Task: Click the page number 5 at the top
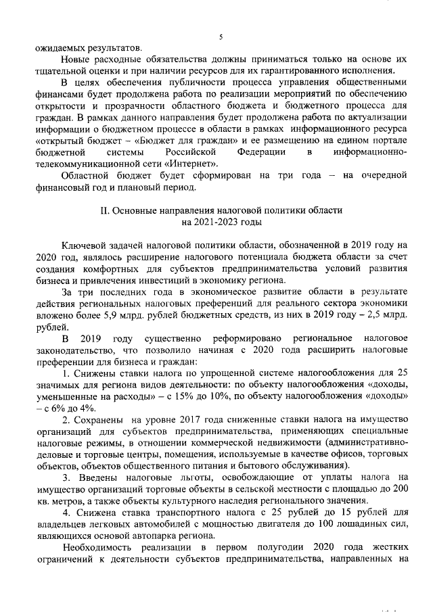[x=221, y=38]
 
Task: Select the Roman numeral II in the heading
[x=105, y=211]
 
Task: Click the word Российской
[x=193, y=153]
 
